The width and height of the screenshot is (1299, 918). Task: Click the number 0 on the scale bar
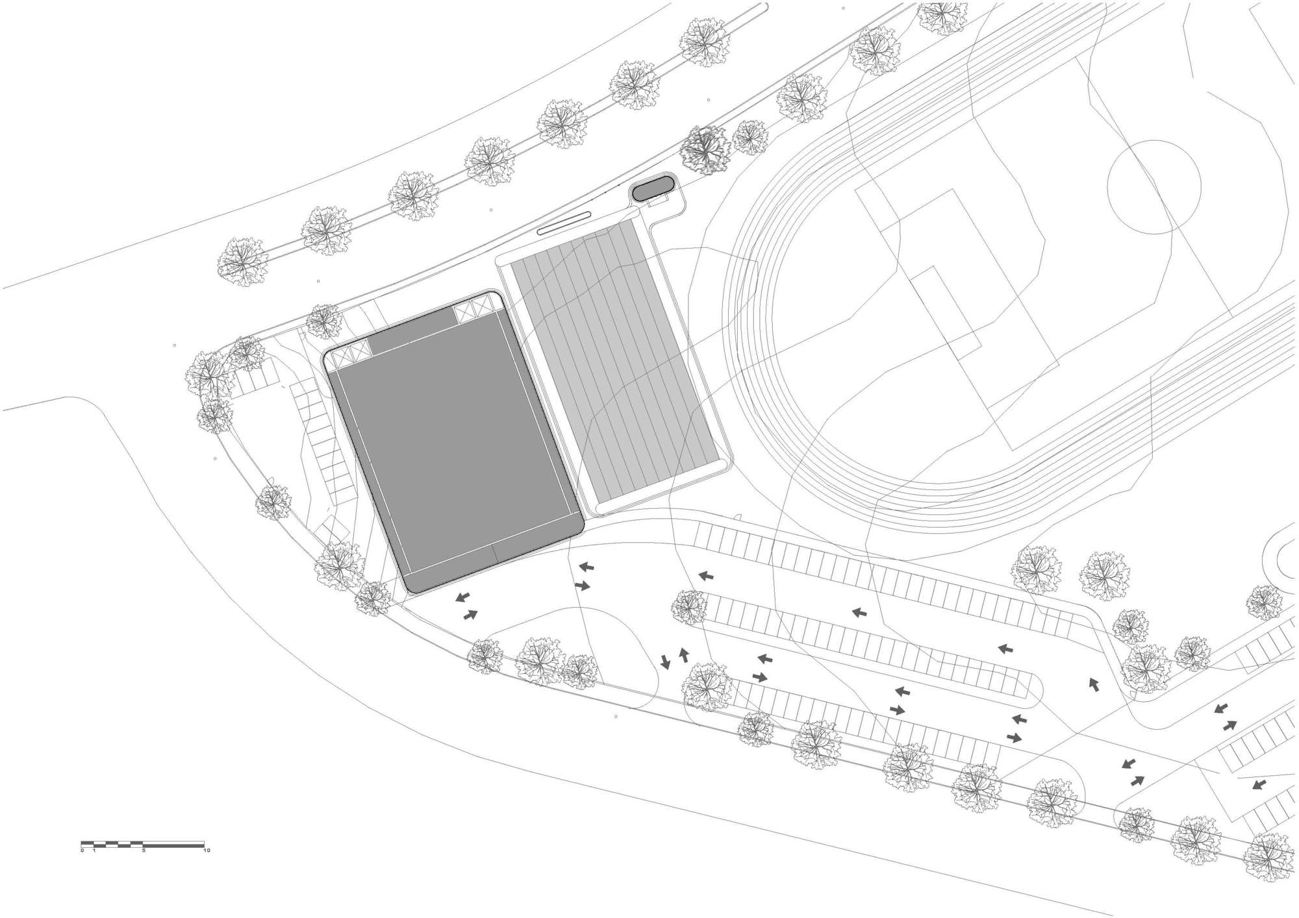(x=82, y=850)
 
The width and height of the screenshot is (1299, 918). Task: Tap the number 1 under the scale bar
(x=94, y=850)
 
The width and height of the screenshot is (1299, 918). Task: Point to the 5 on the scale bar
(x=144, y=850)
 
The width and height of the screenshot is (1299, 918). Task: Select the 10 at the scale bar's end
(x=207, y=850)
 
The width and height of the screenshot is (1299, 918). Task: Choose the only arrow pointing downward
(x=665, y=662)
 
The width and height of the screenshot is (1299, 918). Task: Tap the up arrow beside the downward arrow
(x=683, y=654)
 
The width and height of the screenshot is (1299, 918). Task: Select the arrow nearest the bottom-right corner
(x=1259, y=784)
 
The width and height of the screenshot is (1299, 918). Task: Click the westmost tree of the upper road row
(x=242, y=262)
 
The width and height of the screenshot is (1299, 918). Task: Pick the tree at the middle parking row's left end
(x=689, y=608)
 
